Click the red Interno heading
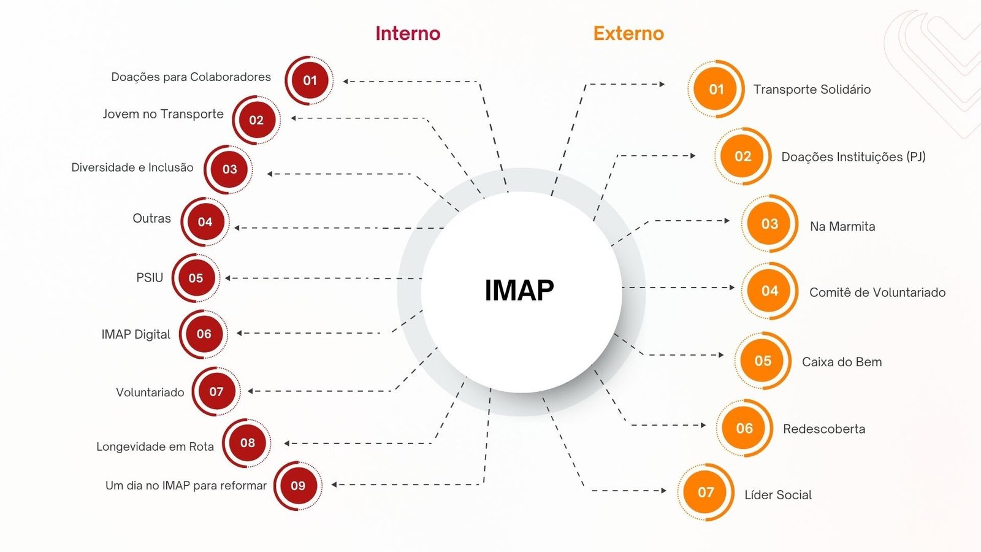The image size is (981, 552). (x=408, y=33)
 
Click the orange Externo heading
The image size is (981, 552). (x=628, y=33)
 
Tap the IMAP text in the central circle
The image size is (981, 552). (x=519, y=290)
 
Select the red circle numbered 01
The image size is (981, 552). (x=310, y=80)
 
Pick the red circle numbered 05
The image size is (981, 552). (x=196, y=278)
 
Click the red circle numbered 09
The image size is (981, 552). (x=298, y=486)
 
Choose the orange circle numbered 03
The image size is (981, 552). (x=769, y=224)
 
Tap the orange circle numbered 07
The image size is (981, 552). (x=706, y=492)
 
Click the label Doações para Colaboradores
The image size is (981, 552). (x=191, y=77)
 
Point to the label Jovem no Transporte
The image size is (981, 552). (x=163, y=114)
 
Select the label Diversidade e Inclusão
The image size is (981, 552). (x=132, y=167)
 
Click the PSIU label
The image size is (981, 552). (x=150, y=278)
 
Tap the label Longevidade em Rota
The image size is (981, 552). (x=155, y=447)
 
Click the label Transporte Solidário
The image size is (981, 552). (x=812, y=90)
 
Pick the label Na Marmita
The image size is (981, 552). (x=842, y=226)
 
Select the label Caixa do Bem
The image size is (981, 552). (x=842, y=362)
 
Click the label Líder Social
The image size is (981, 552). (x=778, y=495)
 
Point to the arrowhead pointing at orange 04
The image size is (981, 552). (x=731, y=287)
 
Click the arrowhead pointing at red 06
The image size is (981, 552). (x=240, y=333)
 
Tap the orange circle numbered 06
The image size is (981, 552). (x=744, y=428)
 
